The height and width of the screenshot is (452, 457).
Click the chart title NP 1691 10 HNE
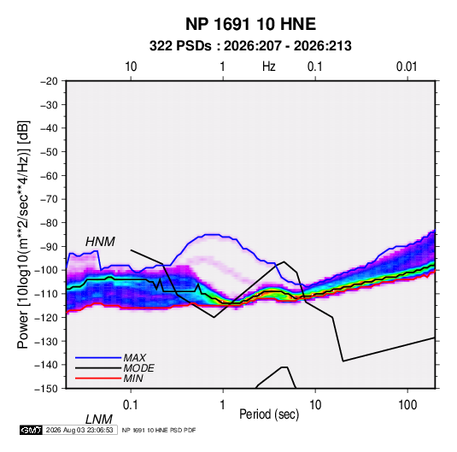[250, 24]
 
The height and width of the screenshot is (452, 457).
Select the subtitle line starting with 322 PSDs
[250, 46]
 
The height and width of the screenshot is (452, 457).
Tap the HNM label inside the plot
[100, 242]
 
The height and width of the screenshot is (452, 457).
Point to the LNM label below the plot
[98, 420]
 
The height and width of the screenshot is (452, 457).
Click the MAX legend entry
[134, 357]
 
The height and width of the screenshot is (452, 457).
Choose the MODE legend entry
[138, 368]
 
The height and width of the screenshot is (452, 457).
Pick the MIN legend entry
[133, 379]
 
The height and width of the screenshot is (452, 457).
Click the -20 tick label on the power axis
[49, 81]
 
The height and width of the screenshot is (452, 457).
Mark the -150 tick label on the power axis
[46, 389]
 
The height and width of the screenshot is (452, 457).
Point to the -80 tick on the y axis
[49, 223]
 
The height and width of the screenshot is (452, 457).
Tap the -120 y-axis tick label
[46, 317]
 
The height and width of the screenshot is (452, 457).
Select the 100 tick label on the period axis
[407, 405]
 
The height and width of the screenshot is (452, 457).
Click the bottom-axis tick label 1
[223, 405]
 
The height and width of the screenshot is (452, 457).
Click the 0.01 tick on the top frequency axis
[407, 67]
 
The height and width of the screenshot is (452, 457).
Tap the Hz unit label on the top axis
[269, 67]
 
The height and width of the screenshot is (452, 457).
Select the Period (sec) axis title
[269, 414]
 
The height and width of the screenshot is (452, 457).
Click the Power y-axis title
[23, 234]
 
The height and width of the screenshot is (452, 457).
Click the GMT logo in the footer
[32, 430]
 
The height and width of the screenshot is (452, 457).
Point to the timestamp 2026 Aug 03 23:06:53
[79, 430]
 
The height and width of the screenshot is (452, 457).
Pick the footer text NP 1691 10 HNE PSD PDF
[159, 430]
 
